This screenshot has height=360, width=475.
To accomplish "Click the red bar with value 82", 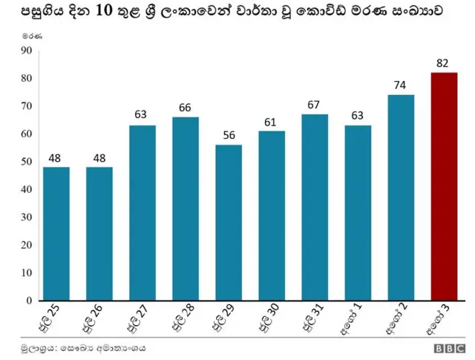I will click(x=444, y=186).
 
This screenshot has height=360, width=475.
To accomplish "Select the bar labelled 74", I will click(x=401, y=197).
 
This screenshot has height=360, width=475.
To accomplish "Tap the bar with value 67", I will click(x=315, y=207).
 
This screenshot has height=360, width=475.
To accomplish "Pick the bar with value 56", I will click(x=229, y=223).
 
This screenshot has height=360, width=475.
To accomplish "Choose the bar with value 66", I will click(x=186, y=209).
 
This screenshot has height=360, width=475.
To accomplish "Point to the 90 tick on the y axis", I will click(x=27, y=50).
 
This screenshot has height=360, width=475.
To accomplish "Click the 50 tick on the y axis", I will click(x=27, y=162).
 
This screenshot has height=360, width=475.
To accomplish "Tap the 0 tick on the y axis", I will click(x=30, y=301).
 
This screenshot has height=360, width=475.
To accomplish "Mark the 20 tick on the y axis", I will click(x=27, y=245).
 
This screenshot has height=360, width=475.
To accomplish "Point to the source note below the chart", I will click(x=82, y=347).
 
